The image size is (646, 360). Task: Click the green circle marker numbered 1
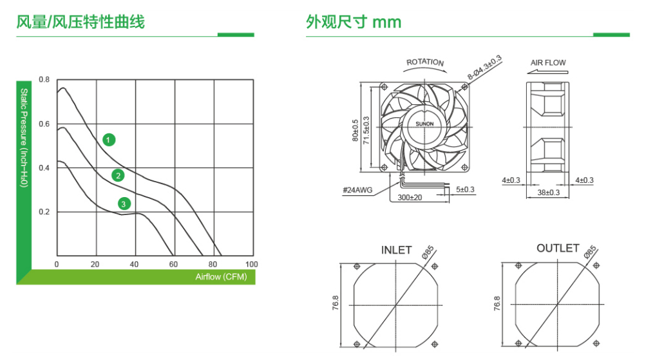(x=109, y=140)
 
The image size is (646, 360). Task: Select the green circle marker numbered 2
(x=119, y=176)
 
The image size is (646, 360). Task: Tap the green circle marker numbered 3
(x=124, y=204)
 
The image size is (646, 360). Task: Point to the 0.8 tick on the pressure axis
(x=44, y=79)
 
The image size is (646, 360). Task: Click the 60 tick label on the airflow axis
(x=173, y=265)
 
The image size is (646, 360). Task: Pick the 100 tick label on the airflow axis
(x=251, y=265)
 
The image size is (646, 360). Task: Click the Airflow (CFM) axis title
(x=222, y=277)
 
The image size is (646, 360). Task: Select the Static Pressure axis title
(x=24, y=138)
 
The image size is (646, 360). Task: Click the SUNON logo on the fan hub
(x=424, y=124)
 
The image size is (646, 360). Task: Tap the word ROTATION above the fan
(x=425, y=62)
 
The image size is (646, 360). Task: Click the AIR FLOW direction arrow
(x=547, y=71)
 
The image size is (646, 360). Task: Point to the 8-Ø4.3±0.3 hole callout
(x=484, y=67)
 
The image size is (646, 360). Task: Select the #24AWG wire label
(x=357, y=190)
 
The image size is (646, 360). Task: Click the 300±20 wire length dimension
(x=410, y=198)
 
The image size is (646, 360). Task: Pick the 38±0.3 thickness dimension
(x=548, y=193)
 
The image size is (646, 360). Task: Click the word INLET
(x=396, y=251)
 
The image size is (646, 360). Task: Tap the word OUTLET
(x=558, y=249)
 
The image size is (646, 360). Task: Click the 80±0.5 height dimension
(x=355, y=131)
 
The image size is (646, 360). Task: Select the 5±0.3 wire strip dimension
(x=465, y=189)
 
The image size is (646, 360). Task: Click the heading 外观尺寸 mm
(x=354, y=22)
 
